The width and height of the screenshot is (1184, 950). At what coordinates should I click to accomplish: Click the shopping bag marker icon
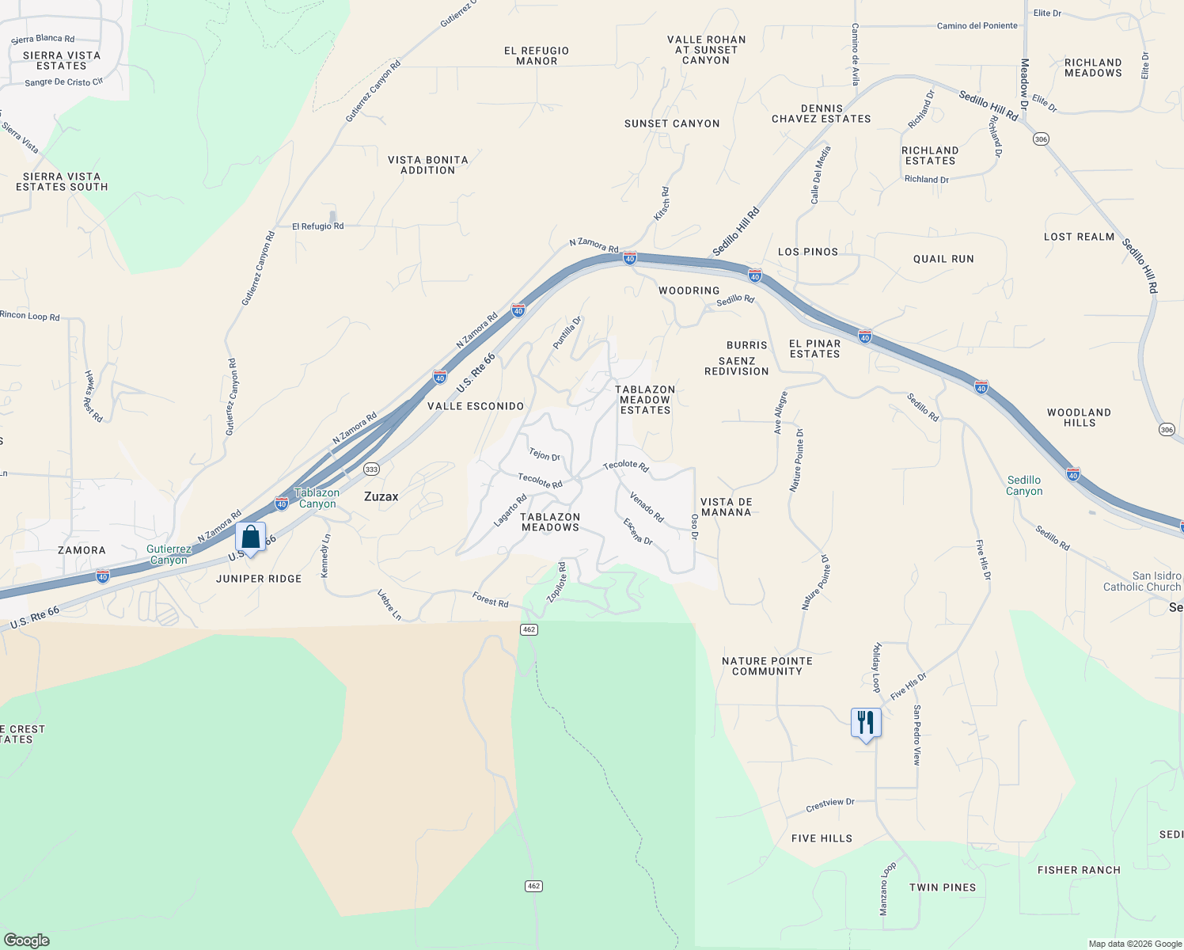coord(251,538)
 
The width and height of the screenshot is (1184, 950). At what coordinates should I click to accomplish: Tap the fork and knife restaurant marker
coord(866,723)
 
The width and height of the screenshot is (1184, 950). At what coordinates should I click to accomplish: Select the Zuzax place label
coord(381,496)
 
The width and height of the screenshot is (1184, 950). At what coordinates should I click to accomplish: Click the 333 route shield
coord(371,469)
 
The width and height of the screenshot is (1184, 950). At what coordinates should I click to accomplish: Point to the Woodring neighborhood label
coord(689,291)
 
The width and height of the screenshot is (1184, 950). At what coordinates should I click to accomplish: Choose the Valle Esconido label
coord(476,406)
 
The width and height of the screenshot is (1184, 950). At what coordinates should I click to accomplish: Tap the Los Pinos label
coord(808,252)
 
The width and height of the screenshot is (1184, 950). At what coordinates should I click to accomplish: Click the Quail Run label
coord(943,259)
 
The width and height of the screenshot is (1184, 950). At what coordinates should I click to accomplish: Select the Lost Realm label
coord(1079,237)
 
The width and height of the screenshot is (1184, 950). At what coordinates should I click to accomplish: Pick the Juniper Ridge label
coord(259,579)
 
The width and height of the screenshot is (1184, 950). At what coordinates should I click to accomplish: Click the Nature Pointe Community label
coord(767,666)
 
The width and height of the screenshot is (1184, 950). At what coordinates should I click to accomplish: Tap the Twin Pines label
coord(943,887)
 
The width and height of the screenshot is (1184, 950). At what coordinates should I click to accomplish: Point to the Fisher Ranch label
coord(1079,870)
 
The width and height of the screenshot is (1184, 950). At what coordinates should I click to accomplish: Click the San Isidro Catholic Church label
coord(1142,581)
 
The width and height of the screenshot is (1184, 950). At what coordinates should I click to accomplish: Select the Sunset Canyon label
coord(672,123)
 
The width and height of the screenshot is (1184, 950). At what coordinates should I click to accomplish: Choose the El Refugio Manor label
coord(537,55)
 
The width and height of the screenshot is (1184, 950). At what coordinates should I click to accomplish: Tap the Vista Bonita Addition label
coord(427,165)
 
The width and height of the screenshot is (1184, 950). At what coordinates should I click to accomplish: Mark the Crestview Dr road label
coord(830,805)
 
